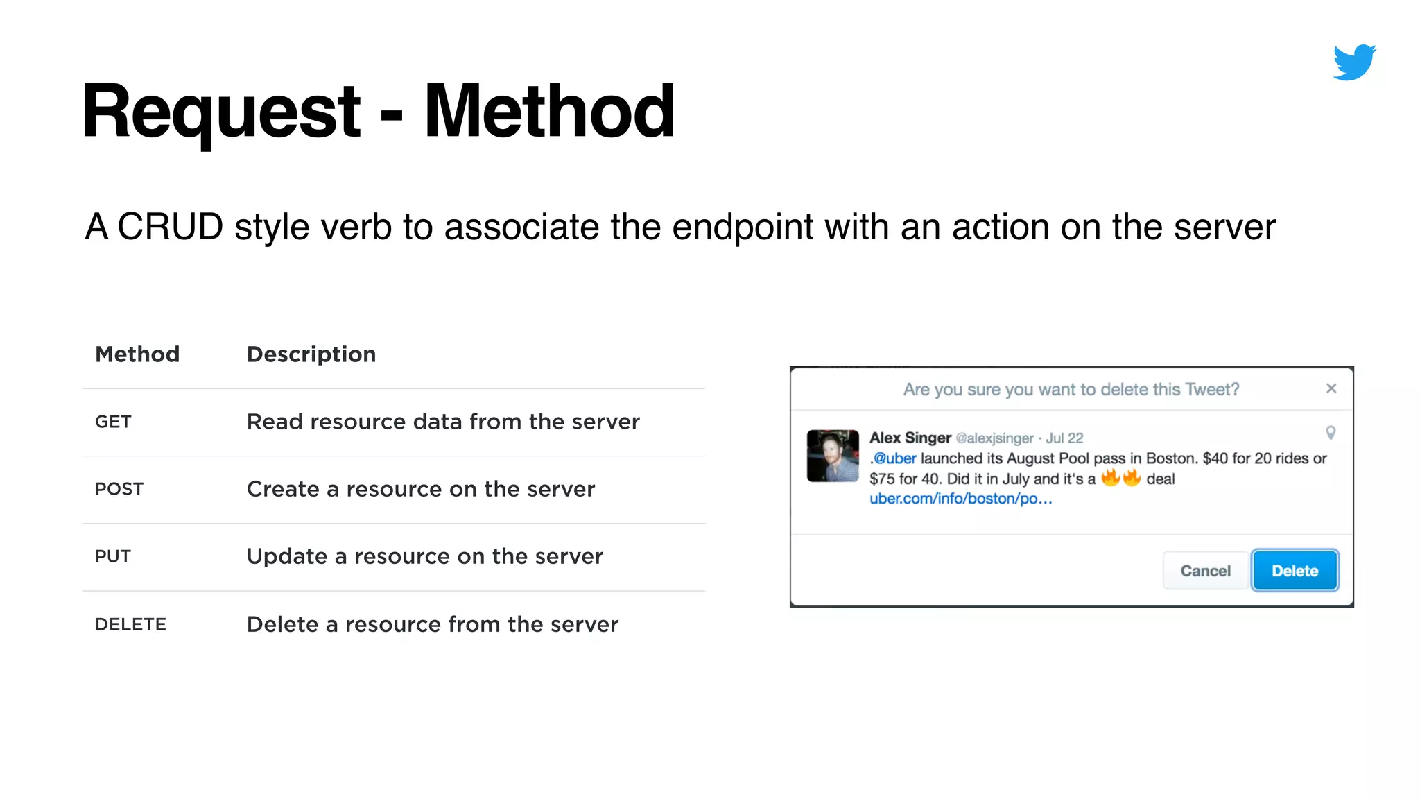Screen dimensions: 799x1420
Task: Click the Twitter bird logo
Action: click(x=1354, y=62)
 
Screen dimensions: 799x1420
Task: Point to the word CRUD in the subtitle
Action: click(x=170, y=227)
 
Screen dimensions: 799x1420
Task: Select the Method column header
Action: click(x=137, y=354)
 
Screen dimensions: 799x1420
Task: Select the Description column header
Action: click(x=311, y=354)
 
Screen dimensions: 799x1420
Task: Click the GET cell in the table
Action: click(x=113, y=422)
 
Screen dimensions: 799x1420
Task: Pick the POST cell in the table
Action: click(x=119, y=489)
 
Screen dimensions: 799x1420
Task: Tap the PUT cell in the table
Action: click(x=113, y=556)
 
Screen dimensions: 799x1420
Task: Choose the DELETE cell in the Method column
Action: click(x=130, y=624)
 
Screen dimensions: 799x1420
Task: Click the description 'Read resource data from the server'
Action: click(x=443, y=422)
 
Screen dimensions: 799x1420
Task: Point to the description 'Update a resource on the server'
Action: click(x=425, y=556)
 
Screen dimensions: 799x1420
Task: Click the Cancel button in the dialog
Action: click(x=1205, y=571)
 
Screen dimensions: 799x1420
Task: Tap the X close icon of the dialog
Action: click(x=1331, y=388)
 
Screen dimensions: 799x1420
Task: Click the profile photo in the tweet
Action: click(x=833, y=456)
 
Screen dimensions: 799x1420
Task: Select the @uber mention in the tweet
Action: click(x=895, y=458)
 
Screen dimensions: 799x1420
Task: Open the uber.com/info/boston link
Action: click(x=960, y=499)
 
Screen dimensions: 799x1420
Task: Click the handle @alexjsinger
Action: click(x=994, y=438)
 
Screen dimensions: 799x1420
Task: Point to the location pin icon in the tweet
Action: click(x=1331, y=433)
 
